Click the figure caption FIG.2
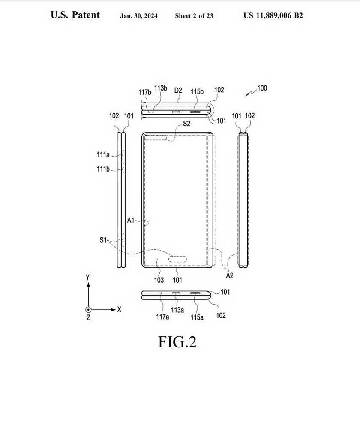pos(177,342)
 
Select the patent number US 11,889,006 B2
pos(273,15)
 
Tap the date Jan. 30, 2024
pos(139,16)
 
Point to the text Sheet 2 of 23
pos(194,16)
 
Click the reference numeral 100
pos(262,88)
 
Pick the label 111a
pos(103,155)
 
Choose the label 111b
pos(103,169)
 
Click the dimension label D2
pos(178,91)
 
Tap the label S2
pos(187,124)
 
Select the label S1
pos(103,240)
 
